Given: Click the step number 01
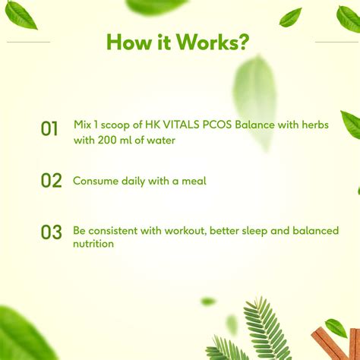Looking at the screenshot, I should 49,129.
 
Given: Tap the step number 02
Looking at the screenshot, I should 51,181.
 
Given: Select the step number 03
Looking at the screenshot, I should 51,232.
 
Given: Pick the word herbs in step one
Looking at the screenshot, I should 313,125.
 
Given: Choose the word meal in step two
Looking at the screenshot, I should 194,182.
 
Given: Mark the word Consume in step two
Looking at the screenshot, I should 93,182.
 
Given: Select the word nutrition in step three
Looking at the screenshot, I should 93,244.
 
